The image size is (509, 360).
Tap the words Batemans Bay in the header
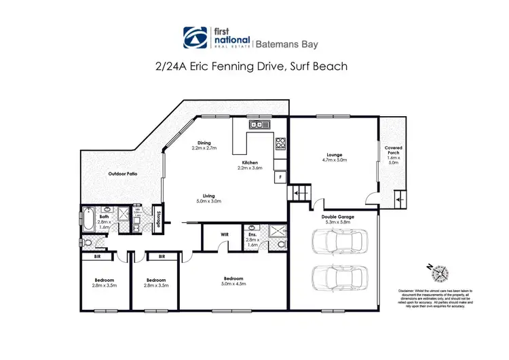pos(288,43)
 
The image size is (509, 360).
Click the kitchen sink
pos(258,124)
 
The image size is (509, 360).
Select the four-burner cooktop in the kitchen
pos(280,143)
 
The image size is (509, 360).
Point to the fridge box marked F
pos(280,177)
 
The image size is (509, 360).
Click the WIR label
pos(225,236)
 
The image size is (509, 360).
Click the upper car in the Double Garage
pos(339,241)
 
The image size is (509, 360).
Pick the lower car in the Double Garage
pos(339,276)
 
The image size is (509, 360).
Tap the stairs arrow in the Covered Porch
pos(398,200)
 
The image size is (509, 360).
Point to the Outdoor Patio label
pos(123,174)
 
